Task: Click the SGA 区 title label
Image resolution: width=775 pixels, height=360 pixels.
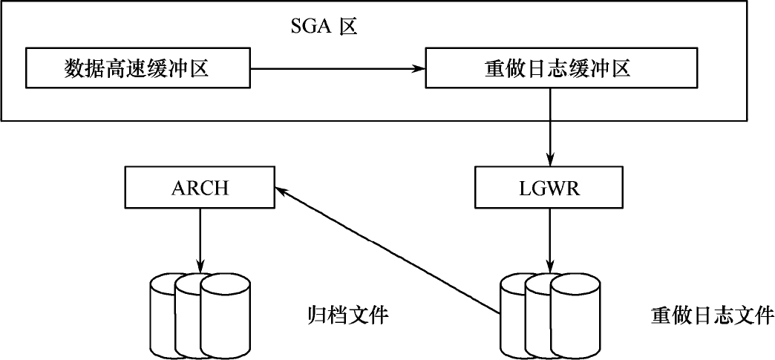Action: tap(323, 27)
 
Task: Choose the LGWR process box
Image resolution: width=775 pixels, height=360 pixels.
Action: tap(549, 187)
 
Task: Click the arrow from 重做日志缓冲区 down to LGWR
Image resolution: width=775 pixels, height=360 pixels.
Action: tap(549, 126)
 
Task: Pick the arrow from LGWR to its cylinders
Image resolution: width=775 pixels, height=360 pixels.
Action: tap(549, 239)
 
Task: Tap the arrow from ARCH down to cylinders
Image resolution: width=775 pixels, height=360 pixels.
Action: tap(199, 239)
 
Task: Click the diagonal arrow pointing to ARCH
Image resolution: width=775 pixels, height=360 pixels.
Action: tap(386, 249)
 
